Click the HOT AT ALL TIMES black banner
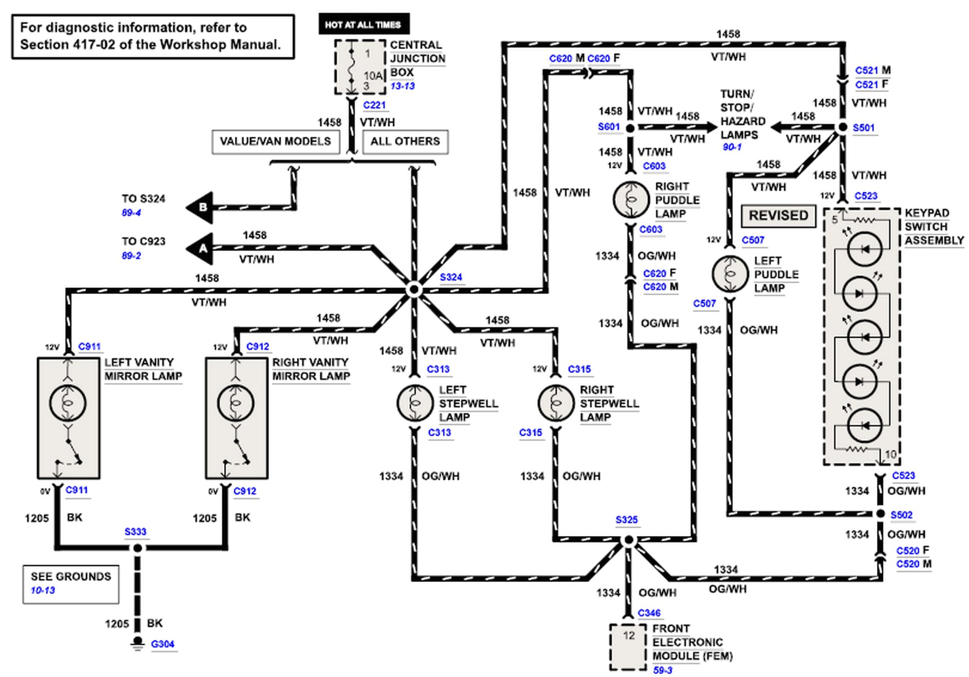coord(363,24)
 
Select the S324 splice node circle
coord(414,290)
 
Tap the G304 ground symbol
coord(137,643)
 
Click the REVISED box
coord(778,216)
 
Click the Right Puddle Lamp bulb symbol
coord(630,199)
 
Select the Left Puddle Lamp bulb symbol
coord(730,273)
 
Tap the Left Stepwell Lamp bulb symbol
coord(414,403)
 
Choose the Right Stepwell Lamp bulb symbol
coord(555,403)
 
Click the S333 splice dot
coord(137,548)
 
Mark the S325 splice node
coord(628,540)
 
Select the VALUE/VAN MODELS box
coord(275,142)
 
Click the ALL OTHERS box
coord(405,142)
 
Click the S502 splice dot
coord(880,514)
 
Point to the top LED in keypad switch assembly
coord(864,249)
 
